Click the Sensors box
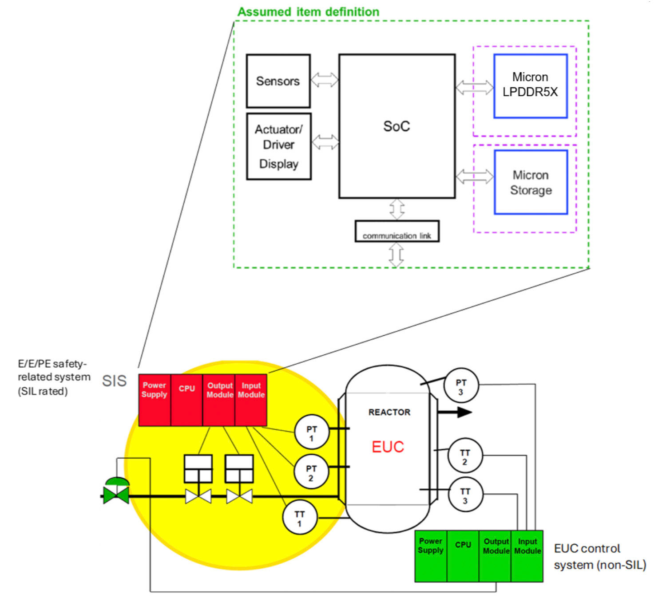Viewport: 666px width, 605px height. [278, 81]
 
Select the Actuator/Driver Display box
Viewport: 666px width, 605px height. [278, 146]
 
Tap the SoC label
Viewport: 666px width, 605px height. [396, 126]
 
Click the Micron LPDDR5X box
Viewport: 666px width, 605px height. [530, 86]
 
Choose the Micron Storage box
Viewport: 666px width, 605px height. [531, 182]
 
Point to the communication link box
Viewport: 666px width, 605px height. [396, 232]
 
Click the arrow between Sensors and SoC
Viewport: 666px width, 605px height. [325, 80]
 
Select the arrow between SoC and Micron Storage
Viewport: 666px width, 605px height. [475, 177]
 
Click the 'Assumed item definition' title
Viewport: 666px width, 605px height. [308, 12]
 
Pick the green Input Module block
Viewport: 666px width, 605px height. [527, 556]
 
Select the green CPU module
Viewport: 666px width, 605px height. [463, 556]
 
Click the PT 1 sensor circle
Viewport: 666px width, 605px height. [312, 432]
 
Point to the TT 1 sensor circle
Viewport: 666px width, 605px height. [300, 517]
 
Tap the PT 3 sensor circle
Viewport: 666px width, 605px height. [461, 385]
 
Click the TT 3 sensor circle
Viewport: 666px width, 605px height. [465, 495]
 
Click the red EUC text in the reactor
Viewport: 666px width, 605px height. [388, 447]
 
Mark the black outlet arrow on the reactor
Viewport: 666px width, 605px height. [455, 412]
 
